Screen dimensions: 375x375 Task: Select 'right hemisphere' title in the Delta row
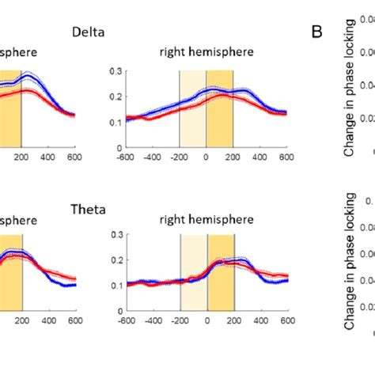coord(206,54)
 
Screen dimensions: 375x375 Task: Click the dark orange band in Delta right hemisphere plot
coord(219,119)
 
